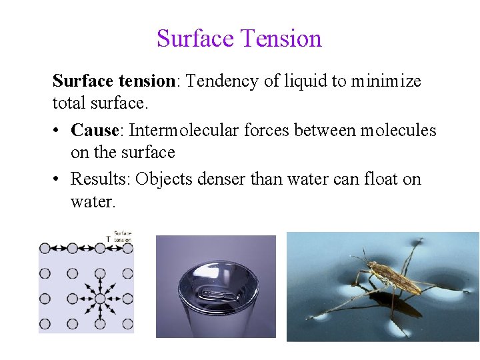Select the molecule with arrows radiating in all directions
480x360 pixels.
[99, 299]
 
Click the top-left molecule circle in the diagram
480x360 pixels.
[45, 248]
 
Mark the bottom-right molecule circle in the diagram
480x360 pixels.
[127, 324]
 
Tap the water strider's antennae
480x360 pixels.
[359, 257]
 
